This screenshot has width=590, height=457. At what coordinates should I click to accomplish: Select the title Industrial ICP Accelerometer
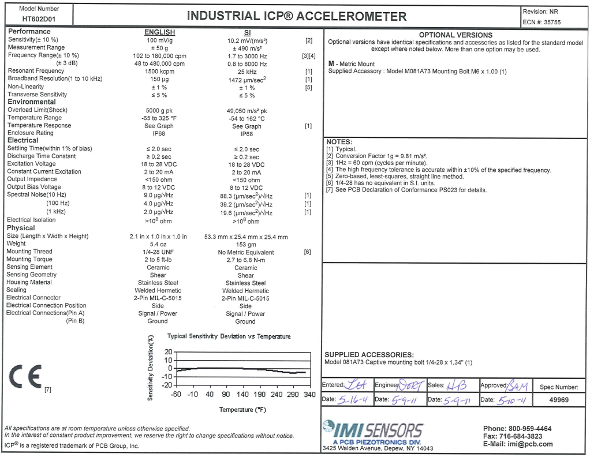296,16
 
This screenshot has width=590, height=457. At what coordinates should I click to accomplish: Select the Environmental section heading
31,102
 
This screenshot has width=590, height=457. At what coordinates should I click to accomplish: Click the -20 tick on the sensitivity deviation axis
167,385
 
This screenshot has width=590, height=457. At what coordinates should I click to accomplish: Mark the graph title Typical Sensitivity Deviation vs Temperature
229,336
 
